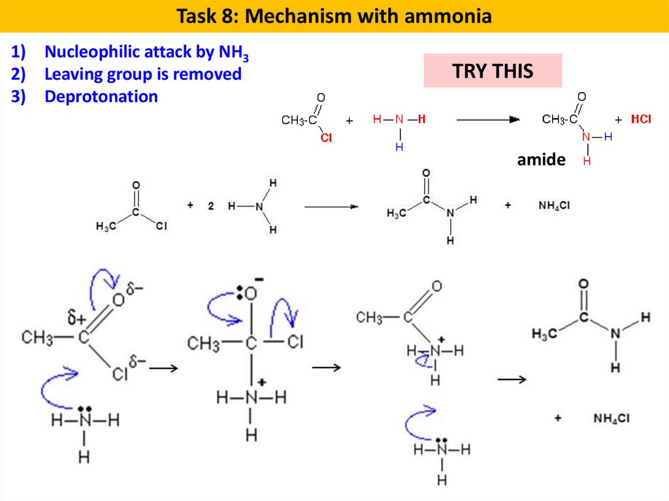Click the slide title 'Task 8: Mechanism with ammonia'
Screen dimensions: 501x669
[x=334, y=16]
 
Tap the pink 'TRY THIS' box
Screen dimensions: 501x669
[x=493, y=71]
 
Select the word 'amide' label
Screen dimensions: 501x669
[x=541, y=159]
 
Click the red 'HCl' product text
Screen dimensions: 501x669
[x=641, y=120]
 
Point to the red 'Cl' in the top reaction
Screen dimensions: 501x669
[x=325, y=138]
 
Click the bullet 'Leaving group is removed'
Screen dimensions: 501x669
[x=142, y=74]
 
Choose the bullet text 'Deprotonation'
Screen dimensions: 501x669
[x=101, y=97]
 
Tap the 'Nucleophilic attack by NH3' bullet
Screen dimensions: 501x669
[x=146, y=53]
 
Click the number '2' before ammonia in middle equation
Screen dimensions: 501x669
[x=211, y=206]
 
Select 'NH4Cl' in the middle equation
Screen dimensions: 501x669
[x=554, y=205]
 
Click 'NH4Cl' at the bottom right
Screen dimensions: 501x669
[x=612, y=418]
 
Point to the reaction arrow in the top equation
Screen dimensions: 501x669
[x=487, y=120]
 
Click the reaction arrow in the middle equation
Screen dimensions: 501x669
[x=331, y=206]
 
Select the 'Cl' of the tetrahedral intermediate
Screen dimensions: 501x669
[x=295, y=342]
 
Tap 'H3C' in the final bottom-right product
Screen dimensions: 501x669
[x=544, y=334]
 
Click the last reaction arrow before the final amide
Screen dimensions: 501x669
[x=512, y=379]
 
